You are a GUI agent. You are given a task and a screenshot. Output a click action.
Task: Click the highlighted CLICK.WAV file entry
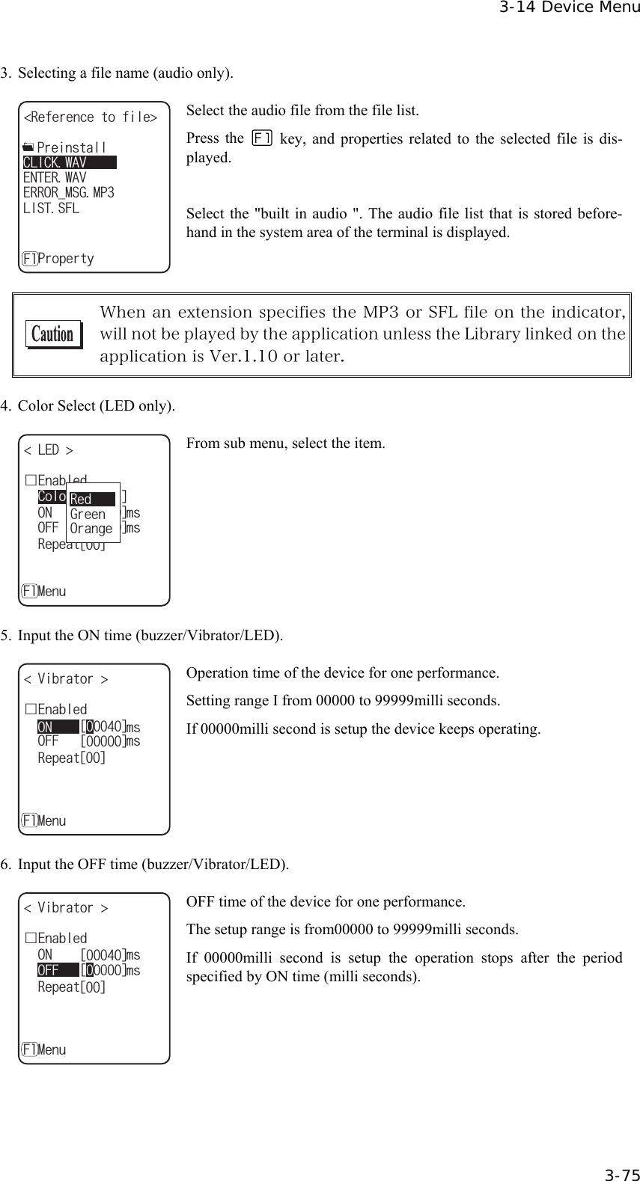(x=67, y=163)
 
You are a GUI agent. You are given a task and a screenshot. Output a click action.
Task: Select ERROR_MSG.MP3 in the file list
(x=68, y=193)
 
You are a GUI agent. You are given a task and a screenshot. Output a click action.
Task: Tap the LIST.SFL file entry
(x=51, y=208)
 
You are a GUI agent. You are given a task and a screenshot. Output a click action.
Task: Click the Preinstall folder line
(x=66, y=147)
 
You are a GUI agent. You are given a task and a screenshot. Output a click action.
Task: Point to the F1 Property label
(x=58, y=259)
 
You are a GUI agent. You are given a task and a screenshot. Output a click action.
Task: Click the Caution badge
(x=52, y=334)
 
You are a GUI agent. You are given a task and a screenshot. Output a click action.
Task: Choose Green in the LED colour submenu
(x=88, y=514)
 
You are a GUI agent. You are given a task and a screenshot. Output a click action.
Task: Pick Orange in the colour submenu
(x=91, y=529)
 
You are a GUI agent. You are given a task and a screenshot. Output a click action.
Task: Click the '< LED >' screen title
(x=49, y=450)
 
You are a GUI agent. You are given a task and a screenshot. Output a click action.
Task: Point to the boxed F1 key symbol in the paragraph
(x=263, y=138)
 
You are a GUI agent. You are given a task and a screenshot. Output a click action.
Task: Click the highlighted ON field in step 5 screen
(x=58, y=727)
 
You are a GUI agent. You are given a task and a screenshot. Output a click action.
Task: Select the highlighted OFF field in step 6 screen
(x=58, y=971)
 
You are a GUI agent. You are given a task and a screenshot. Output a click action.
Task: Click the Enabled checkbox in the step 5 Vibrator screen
(x=30, y=709)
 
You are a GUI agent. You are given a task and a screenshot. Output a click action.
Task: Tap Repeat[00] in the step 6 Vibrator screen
(x=72, y=987)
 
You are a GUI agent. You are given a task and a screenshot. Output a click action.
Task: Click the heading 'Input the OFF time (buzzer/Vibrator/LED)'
(x=153, y=865)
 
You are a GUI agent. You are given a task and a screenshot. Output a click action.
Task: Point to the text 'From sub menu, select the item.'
(x=285, y=444)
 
